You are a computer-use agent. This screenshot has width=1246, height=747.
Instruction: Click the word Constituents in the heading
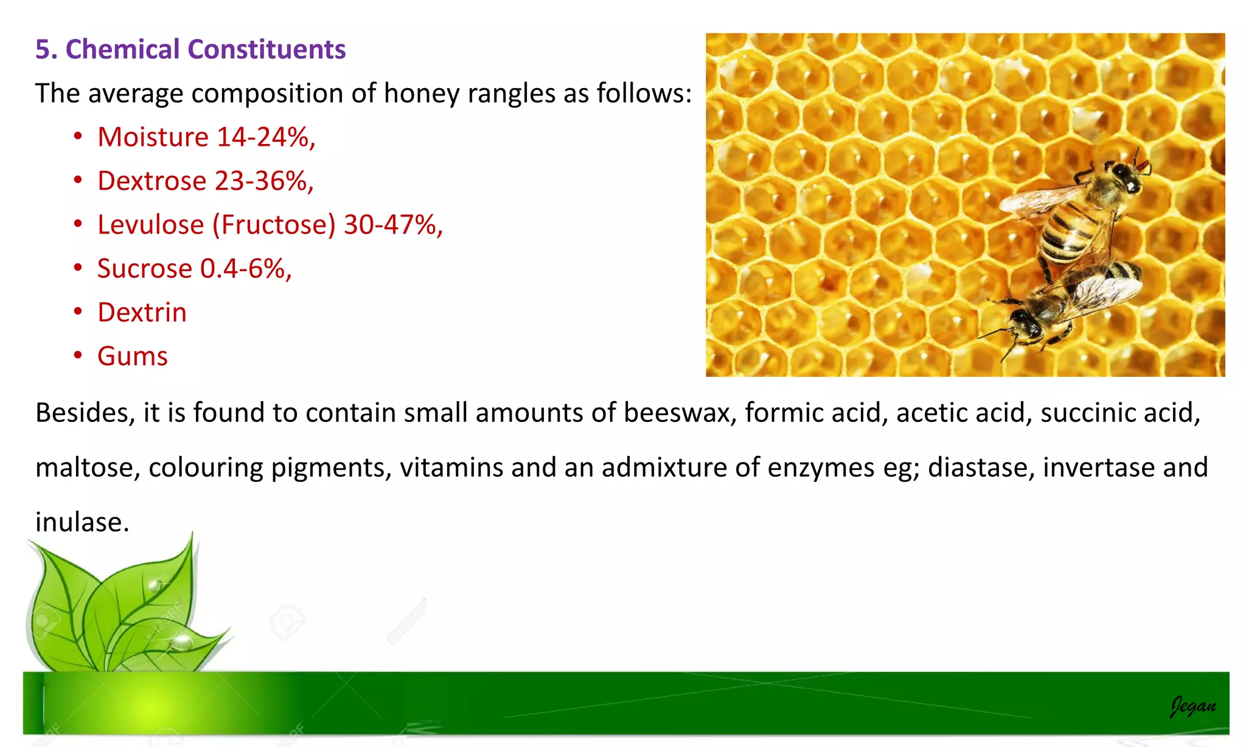click(x=266, y=50)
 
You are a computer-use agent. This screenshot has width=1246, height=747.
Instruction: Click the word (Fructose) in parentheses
click(x=274, y=225)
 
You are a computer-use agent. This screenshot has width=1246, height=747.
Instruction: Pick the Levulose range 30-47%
click(x=392, y=225)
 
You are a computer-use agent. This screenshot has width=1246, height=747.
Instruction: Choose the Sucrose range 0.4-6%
click(x=246, y=269)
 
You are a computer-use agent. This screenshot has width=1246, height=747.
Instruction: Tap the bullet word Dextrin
click(x=142, y=312)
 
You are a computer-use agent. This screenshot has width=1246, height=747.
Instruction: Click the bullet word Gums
click(x=132, y=356)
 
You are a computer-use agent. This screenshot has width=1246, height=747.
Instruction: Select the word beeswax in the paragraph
click(x=676, y=413)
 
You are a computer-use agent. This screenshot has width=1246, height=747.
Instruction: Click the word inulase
click(x=82, y=523)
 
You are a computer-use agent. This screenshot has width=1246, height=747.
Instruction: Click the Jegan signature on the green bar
click(x=1192, y=706)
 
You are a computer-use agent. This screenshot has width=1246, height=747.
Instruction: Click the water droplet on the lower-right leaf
click(x=181, y=641)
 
